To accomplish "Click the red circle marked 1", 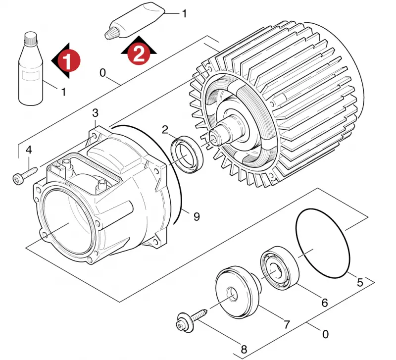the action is [68, 60].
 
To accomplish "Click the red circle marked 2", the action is [139, 53].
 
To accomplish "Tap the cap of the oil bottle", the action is [31, 38].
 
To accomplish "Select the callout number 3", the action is [95, 113].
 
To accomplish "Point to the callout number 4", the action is [29, 150].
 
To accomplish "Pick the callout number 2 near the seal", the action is [165, 130].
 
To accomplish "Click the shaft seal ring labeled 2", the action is [187, 154].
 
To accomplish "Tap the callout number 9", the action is [197, 216].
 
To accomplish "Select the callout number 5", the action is [360, 282].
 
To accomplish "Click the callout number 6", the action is [325, 303].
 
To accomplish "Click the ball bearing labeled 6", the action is [280, 268].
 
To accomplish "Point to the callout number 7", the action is [287, 324].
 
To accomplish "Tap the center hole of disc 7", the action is [232, 294].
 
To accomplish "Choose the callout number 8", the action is [244, 350].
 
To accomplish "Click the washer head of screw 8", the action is [185, 322].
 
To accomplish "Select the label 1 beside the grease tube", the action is [185, 14].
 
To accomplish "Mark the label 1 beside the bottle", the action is [64, 92].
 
